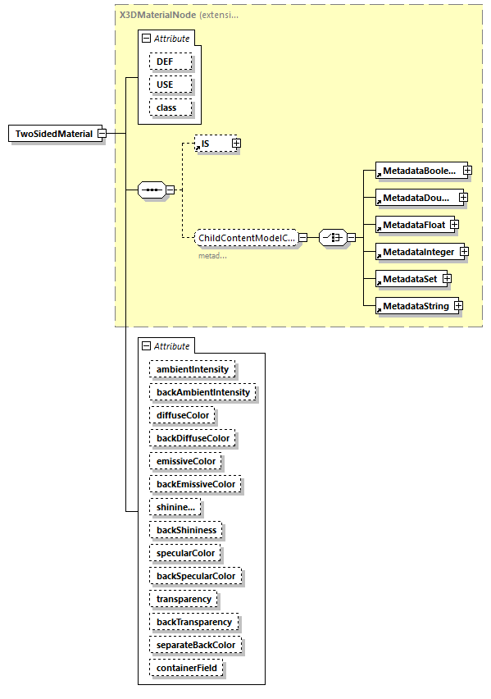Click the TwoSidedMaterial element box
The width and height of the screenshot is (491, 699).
[x=55, y=134]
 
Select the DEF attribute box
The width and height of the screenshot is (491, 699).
[x=170, y=62]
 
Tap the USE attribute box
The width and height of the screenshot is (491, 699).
[x=170, y=85]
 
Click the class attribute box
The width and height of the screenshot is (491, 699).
[x=170, y=107]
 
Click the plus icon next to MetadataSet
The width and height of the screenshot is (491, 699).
[x=448, y=279]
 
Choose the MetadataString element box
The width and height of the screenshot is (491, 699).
[x=415, y=306]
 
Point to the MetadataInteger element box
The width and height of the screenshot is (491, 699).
[x=418, y=251]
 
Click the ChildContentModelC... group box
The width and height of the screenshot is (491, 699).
[x=245, y=238]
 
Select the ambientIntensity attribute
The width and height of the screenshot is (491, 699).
[x=193, y=369]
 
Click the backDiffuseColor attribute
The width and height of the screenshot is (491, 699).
[x=193, y=438]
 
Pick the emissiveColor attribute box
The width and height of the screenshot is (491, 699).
[x=186, y=461]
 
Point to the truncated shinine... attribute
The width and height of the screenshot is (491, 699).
[x=175, y=507]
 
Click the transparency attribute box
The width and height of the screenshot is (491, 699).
[x=184, y=599]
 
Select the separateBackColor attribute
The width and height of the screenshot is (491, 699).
[x=196, y=645]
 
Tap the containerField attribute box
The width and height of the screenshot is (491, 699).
[x=187, y=668]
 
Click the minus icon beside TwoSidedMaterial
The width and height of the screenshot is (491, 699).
[x=102, y=134]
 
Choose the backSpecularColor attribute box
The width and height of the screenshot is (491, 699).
[x=196, y=576]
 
